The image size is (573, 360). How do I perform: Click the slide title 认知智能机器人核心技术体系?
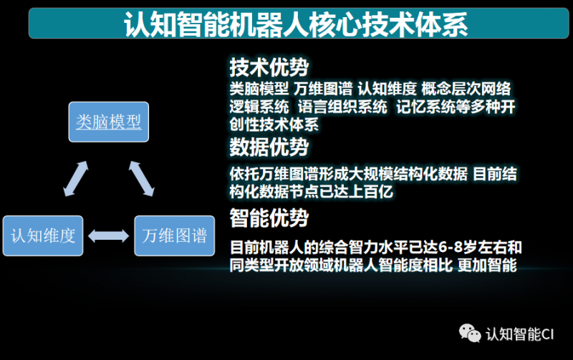coord(295,24)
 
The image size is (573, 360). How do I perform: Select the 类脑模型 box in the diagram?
coord(109,122)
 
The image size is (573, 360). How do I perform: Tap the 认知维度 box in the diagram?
coord(43,235)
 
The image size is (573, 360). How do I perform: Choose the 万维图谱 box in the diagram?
coord(175,235)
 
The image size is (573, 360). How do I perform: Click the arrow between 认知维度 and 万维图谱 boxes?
coord(110,235)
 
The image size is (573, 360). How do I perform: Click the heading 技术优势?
coord(269,68)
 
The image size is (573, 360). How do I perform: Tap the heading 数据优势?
coord(269,147)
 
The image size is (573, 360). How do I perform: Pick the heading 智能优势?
coord(269,217)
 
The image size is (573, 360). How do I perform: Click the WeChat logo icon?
coord(470,333)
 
